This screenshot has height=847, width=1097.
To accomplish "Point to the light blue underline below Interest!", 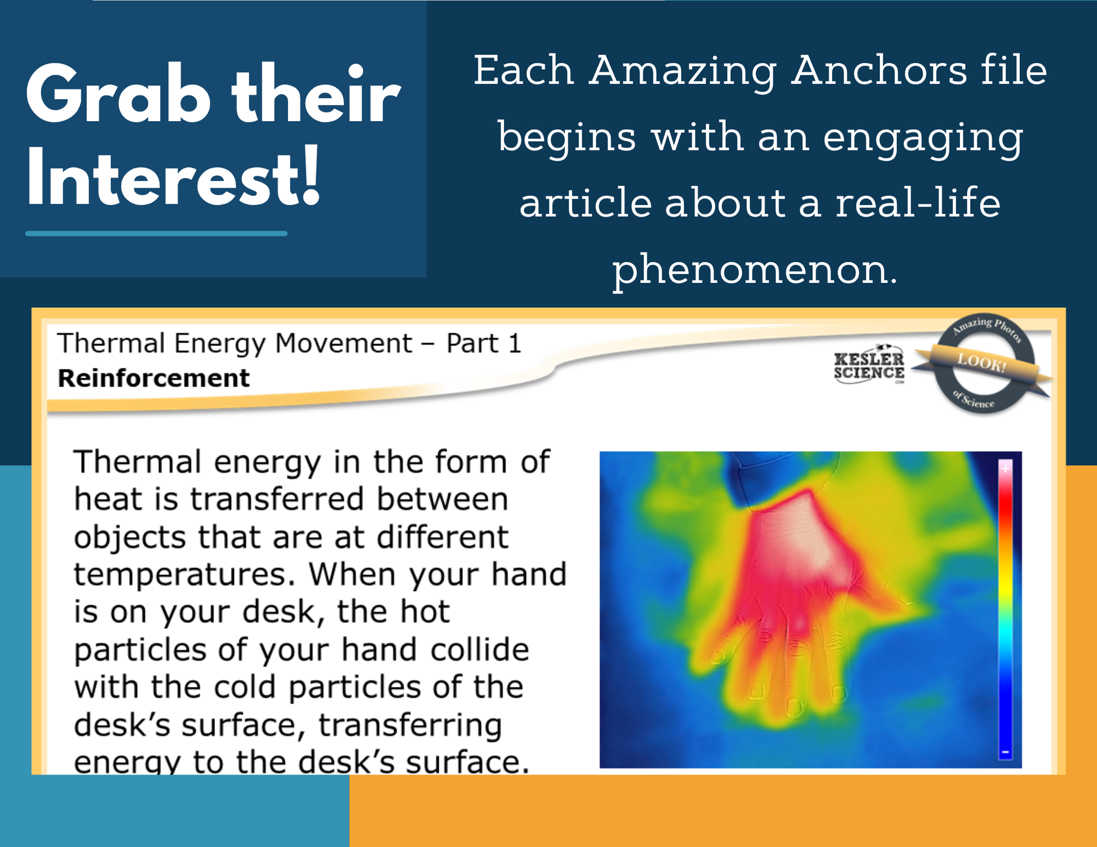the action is pyautogui.click(x=156, y=233).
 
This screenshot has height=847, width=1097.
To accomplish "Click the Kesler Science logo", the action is pyautogui.click(x=869, y=365).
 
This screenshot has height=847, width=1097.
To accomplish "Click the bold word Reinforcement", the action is pyautogui.click(x=153, y=378).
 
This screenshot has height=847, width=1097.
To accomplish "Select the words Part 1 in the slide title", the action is pyautogui.click(x=484, y=343).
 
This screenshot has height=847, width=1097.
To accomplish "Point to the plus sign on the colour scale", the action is pyautogui.click(x=1005, y=468).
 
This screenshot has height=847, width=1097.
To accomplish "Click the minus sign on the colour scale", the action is pyautogui.click(x=1005, y=752).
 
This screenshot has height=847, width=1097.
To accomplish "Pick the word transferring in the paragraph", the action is pyautogui.click(x=410, y=726).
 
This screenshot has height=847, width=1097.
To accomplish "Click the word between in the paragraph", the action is pyautogui.click(x=442, y=499).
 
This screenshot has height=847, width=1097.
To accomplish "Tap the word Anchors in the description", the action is pyautogui.click(x=879, y=70).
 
